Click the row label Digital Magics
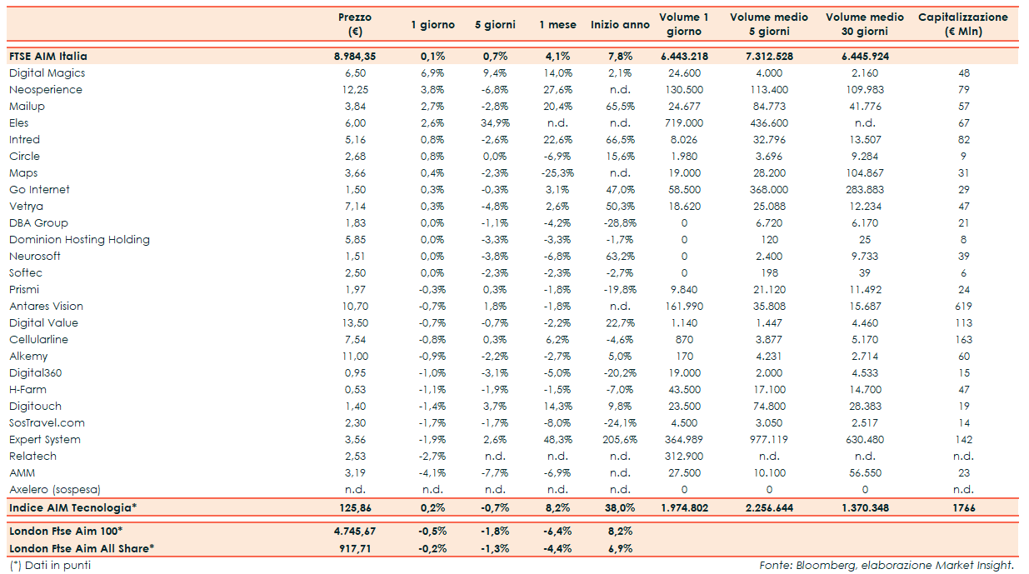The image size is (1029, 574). click(x=47, y=73)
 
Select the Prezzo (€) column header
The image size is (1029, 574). click(x=355, y=24)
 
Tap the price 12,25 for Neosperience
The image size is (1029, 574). click(x=355, y=90)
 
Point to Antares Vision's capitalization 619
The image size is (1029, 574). click(x=964, y=307)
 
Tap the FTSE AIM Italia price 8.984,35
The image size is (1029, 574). click(x=355, y=57)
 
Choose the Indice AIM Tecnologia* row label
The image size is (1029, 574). click(x=72, y=507)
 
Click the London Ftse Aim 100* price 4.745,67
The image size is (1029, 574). click(x=355, y=532)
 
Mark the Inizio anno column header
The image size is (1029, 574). click(x=620, y=25)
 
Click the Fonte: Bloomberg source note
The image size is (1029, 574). click(x=887, y=566)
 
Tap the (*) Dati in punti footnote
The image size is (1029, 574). click(x=50, y=566)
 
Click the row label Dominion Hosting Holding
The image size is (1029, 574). click(x=79, y=240)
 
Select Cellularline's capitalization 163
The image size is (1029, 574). click(x=964, y=340)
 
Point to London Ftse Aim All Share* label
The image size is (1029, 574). click(x=82, y=548)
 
